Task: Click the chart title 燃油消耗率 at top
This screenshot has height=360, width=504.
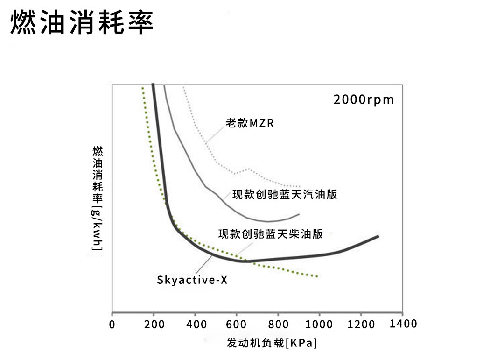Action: pyautogui.click(x=82, y=22)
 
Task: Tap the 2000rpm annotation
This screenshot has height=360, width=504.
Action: pyautogui.click(x=364, y=99)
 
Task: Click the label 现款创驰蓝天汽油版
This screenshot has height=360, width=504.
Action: pyautogui.click(x=285, y=194)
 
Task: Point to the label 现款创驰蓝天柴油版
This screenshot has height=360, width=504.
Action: pyautogui.click(x=271, y=234)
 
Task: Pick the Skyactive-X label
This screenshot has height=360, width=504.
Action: pyautogui.click(x=192, y=280)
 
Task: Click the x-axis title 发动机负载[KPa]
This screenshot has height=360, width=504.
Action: pyautogui.click(x=272, y=343)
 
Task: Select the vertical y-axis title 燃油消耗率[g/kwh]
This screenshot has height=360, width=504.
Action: pyautogui.click(x=98, y=198)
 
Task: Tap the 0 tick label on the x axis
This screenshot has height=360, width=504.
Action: pyautogui.click(x=112, y=325)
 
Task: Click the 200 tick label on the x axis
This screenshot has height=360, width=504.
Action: pyautogui.click(x=153, y=325)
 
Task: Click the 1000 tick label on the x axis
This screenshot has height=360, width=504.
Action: pyautogui.click(x=319, y=325)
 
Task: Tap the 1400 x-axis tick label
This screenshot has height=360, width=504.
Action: pyautogui.click(x=403, y=324)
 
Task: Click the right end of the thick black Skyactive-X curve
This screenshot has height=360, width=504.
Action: pyautogui.click(x=378, y=236)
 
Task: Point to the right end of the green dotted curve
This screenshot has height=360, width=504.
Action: pyautogui.click(x=318, y=276)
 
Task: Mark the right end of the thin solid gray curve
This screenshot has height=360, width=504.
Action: pyautogui.click(x=299, y=214)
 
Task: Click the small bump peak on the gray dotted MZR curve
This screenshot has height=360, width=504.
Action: pyautogui.click(x=248, y=169)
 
